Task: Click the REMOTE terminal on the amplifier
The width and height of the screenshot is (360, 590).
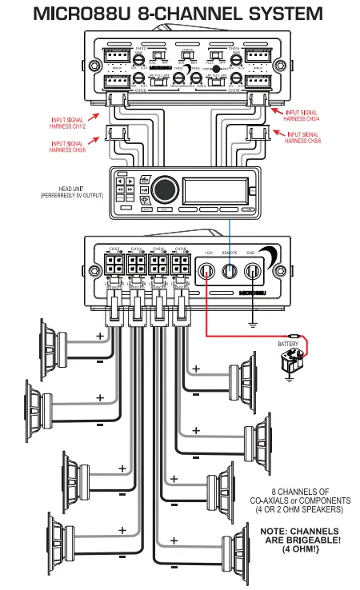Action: click(230, 273)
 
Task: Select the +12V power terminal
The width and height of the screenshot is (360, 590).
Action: click(206, 273)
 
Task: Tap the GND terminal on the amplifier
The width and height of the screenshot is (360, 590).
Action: click(253, 273)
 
